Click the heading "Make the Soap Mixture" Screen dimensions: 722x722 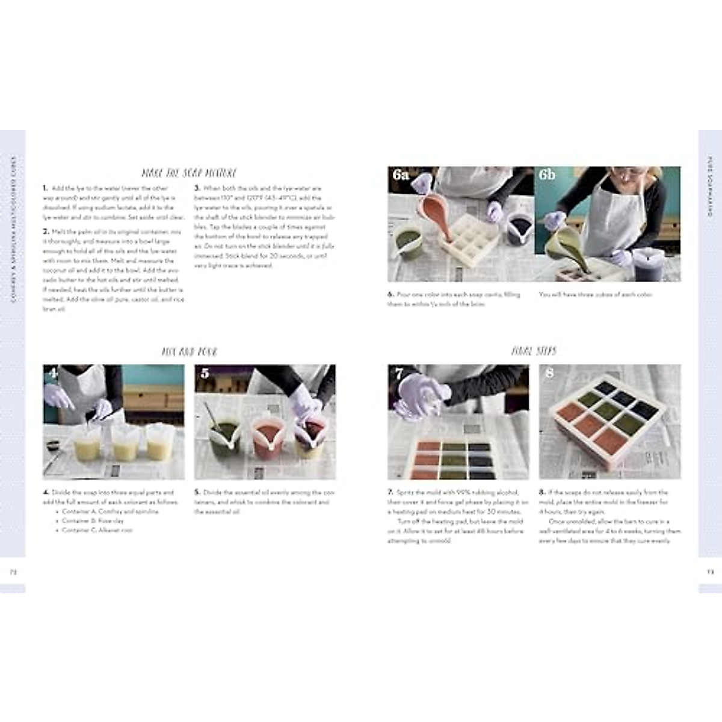189,173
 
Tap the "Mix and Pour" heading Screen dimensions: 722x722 189,351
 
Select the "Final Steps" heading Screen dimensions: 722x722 534,351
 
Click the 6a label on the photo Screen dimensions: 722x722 401,175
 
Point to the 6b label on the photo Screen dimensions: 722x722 547,175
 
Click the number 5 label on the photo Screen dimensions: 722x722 205,374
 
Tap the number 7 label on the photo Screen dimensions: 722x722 398,374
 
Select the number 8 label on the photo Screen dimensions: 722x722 549,374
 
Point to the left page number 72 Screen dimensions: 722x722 13,572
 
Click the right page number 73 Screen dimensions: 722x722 709,572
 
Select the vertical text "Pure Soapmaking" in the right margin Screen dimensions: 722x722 710,187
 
